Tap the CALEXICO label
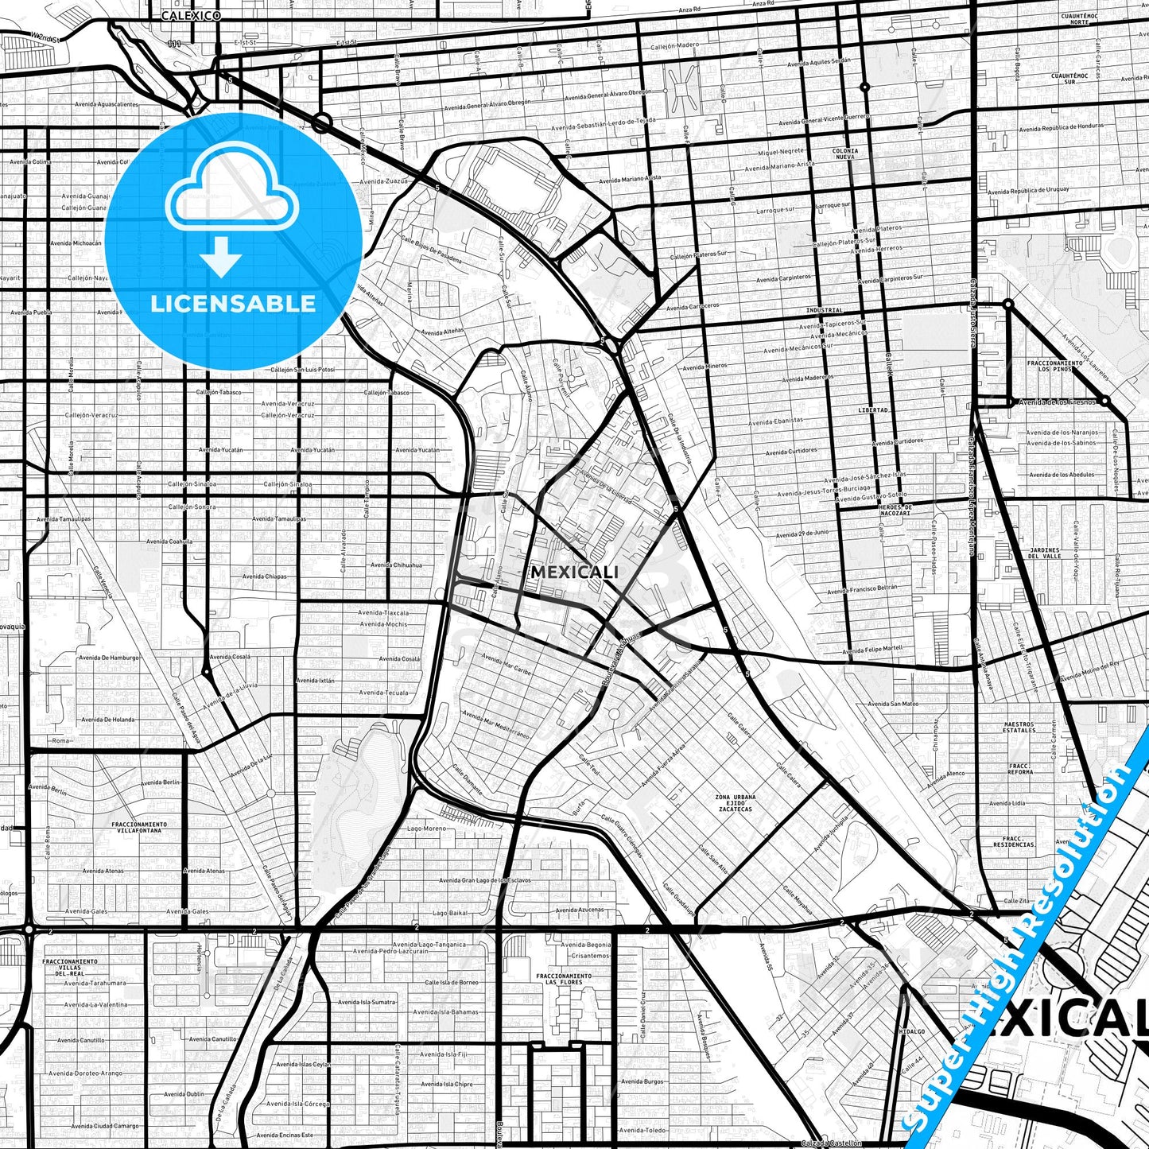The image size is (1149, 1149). [189, 15]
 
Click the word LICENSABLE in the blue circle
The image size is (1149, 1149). [233, 304]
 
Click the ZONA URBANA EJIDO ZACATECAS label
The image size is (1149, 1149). [735, 802]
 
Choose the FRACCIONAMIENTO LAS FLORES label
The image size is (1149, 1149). [563, 979]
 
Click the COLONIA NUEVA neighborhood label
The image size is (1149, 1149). [844, 153]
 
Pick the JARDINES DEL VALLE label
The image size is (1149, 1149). [1045, 553]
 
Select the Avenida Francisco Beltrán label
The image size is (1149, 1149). [862, 589]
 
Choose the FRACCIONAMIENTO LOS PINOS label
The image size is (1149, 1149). [1054, 366]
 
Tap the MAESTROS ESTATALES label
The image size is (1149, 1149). [1019, 727]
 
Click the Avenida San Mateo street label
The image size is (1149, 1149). [892, 704]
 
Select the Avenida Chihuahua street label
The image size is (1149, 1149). [396, 565]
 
